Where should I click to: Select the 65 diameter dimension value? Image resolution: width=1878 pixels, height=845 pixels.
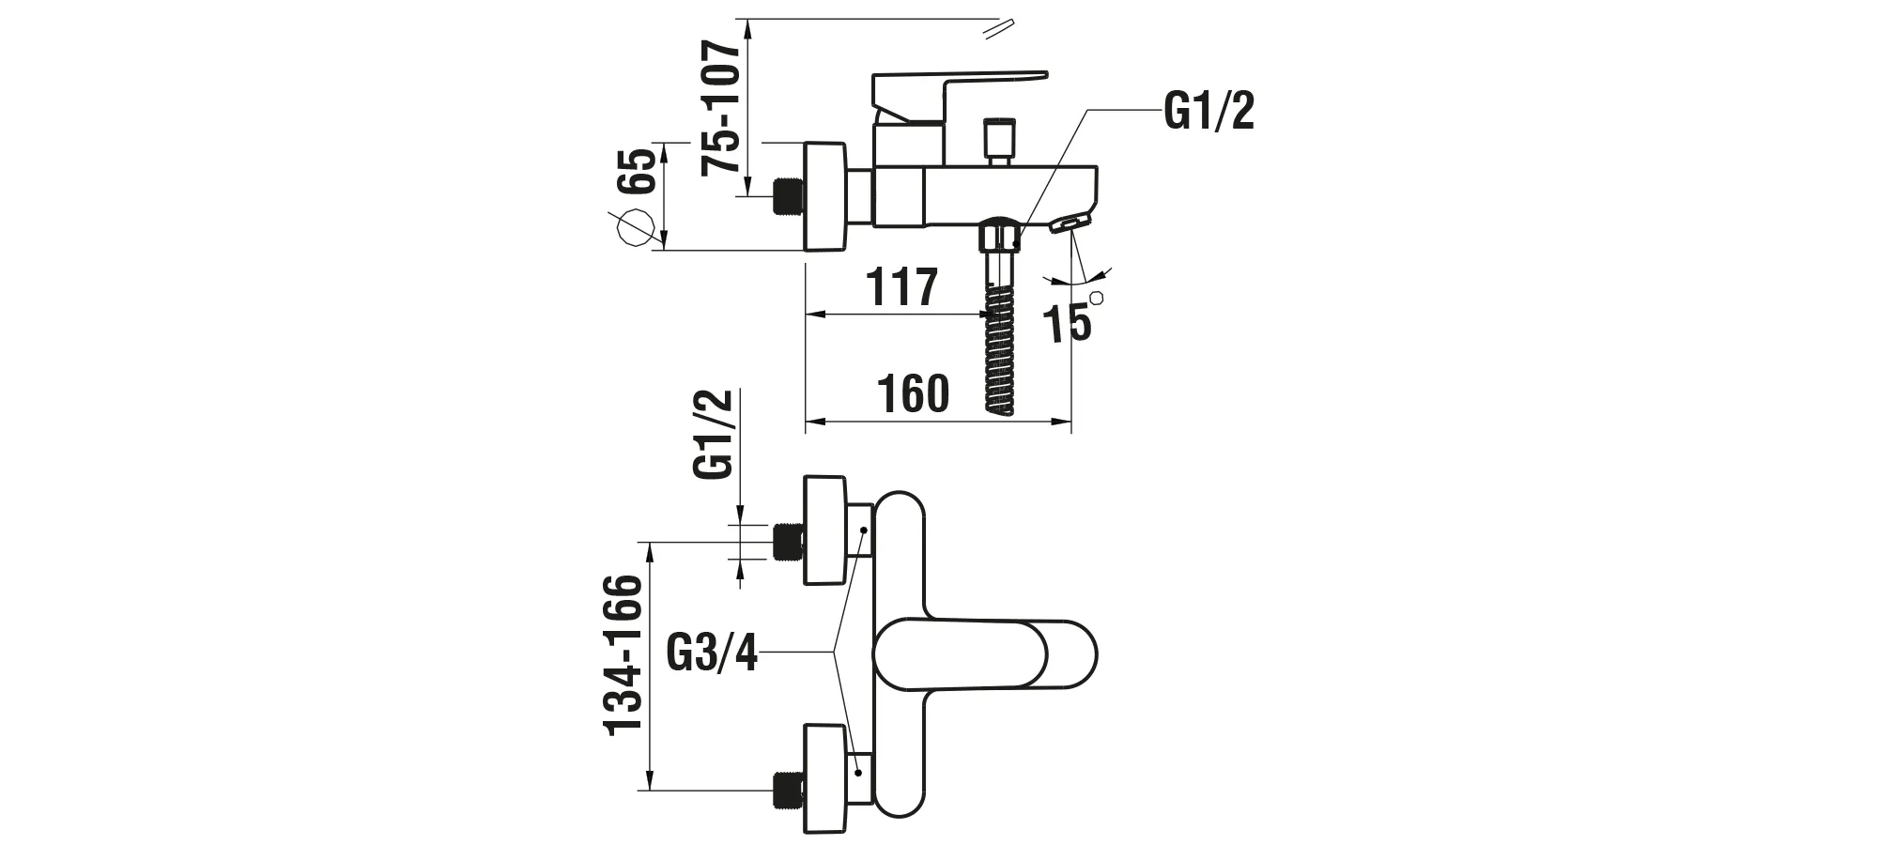(x=638, y=170)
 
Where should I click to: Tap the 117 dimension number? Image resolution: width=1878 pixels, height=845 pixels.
(x=901, y=287)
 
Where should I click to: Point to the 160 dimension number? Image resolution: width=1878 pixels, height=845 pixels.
(x=913, y=394)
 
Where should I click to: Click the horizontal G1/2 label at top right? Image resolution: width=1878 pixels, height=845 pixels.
(x=1208, y=112)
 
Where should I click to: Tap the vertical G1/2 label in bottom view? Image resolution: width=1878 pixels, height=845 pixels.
(x=713, y=436)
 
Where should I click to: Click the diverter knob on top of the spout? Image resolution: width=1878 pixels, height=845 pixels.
(x=998, y=139)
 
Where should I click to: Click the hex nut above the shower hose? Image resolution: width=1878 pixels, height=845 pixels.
(x=999, y=235)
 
